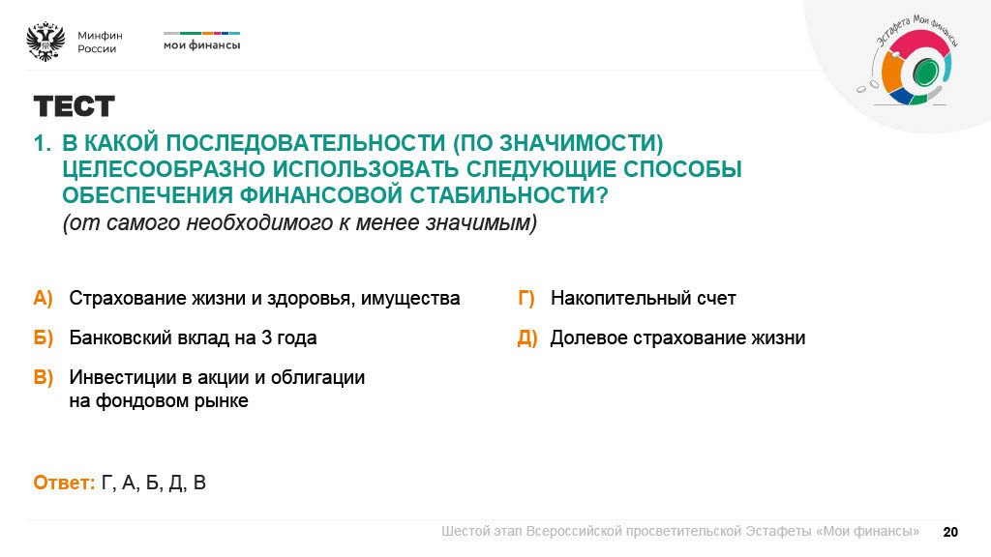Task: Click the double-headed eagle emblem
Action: (45, 42)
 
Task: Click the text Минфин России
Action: (100, 42)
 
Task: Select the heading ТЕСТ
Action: (74, 106)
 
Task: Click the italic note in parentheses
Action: (299, 222)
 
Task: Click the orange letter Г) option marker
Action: (526, 298)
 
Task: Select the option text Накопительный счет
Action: (643, 298)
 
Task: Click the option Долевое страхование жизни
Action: (677, 338)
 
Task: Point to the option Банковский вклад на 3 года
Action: (193, 338)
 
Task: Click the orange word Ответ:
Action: (64, 483)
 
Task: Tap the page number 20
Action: (950, 532)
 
